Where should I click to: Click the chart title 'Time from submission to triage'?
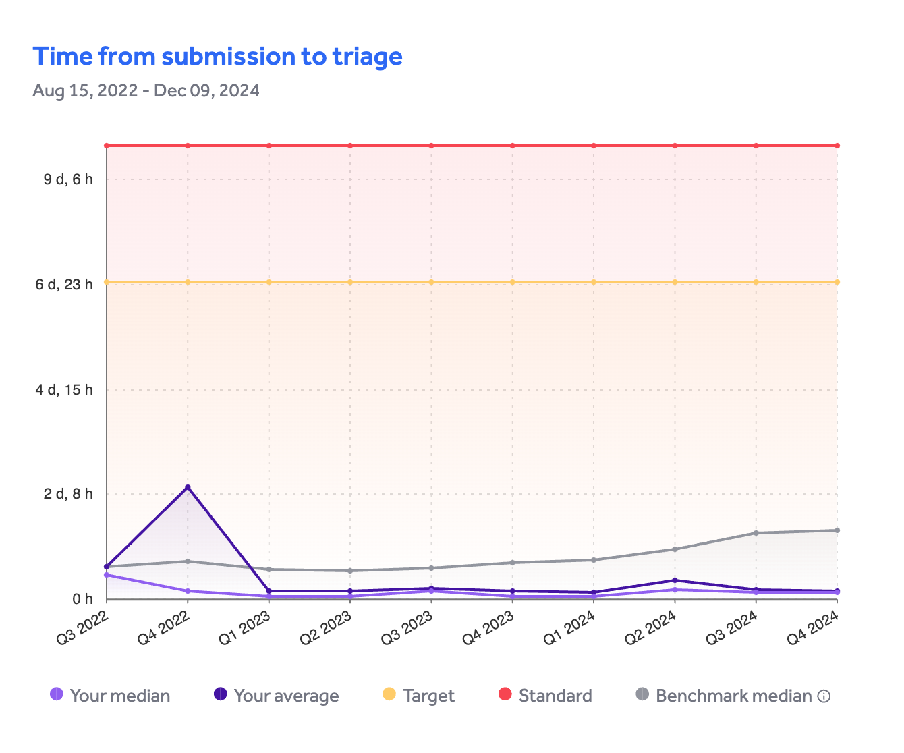click(217, 57)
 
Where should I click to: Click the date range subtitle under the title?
click(146, 90)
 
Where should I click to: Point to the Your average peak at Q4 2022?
click(188, 487)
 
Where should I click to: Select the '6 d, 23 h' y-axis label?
click(64, 285)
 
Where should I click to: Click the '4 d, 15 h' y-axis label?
click(64, 390)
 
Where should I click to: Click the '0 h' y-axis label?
click(82, 599)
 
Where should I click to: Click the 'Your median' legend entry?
click(111, 696)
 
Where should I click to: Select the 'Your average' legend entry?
click(277, 696)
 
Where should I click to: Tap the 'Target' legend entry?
click(419, 696)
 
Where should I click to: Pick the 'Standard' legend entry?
click(545, 696)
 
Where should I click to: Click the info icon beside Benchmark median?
click(824, 696)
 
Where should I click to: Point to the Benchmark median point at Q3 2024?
click(756, 533)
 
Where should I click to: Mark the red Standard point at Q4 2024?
click(837, 146)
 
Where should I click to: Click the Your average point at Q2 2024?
click(675, 580)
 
